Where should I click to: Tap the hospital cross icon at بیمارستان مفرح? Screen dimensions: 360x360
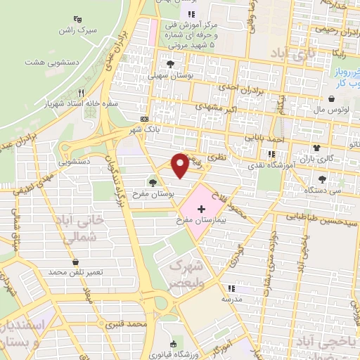click(201, 209)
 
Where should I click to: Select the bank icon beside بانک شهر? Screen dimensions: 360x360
click(144, 119)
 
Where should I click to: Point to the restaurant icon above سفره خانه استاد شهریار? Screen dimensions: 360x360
click(82, 93)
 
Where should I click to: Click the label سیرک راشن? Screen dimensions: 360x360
click(77, 32)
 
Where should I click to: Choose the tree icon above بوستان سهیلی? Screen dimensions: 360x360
click(169, 64)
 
